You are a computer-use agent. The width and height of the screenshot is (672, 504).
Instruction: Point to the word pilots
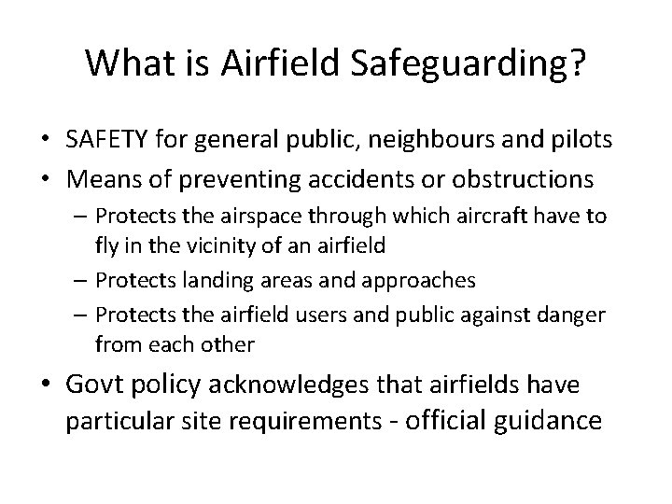point(581,140)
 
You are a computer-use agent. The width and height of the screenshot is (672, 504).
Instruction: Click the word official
point(433,420)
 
